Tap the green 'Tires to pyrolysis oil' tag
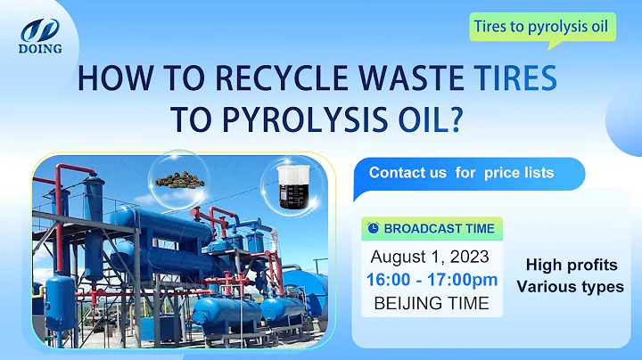(543, 27)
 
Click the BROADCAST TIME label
(439, 229)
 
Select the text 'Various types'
(570, 287)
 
